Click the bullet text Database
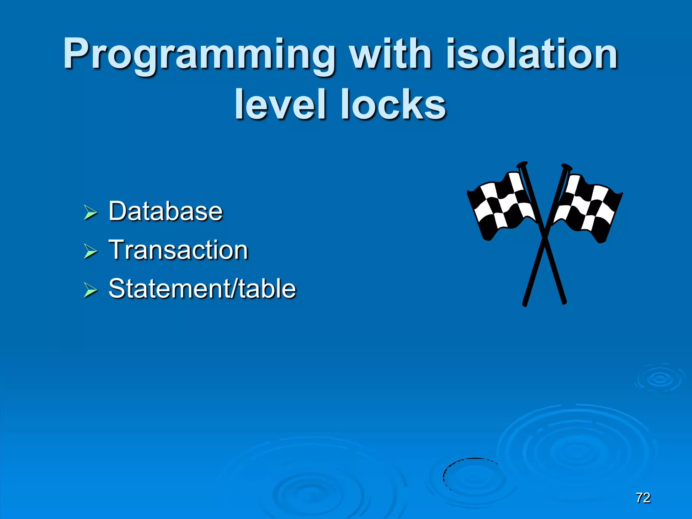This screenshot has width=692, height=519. click(x=166, y=211)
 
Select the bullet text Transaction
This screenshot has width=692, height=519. click(x=178, y=250)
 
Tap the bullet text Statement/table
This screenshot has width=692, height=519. click(x=202, y=289)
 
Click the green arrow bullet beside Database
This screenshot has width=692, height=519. click(x=90, y=213)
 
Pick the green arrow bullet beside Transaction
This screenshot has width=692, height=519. click(x=90, y=251)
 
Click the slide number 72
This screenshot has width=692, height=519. click(x=643, y=498)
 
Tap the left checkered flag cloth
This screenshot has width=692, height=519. click(x=502, y=206)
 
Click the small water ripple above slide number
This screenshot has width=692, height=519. click(x=659, y=378)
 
